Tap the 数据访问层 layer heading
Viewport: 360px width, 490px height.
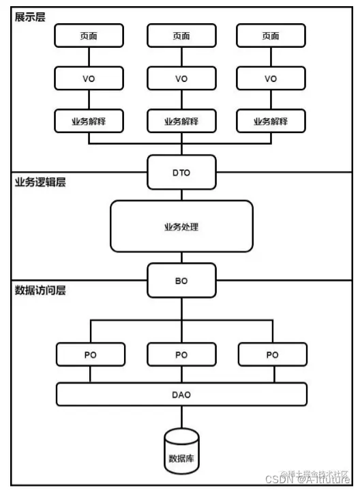click(40, 289)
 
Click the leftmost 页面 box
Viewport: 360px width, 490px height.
click(89, 36)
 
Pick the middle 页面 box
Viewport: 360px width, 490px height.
click(181, 36)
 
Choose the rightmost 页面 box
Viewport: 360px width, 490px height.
click(271, 36)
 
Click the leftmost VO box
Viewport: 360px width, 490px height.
click(89, 78)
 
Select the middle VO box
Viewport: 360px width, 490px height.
click(181, 78)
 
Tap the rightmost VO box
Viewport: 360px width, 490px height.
click(271, 78)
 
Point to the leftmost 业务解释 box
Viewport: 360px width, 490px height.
click(89, 121)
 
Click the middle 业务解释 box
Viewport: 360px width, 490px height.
click(181, 121)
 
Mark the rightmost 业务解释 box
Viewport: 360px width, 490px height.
click(271, 121)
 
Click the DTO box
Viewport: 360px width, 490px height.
click(181, 173)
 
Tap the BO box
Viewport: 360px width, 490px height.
click(181, 280)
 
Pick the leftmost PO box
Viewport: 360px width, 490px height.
click(91, 354)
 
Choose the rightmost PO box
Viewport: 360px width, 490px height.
click(272, 354)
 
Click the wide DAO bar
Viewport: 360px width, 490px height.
click(181, 394)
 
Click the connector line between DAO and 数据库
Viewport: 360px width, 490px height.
click(181, 417)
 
